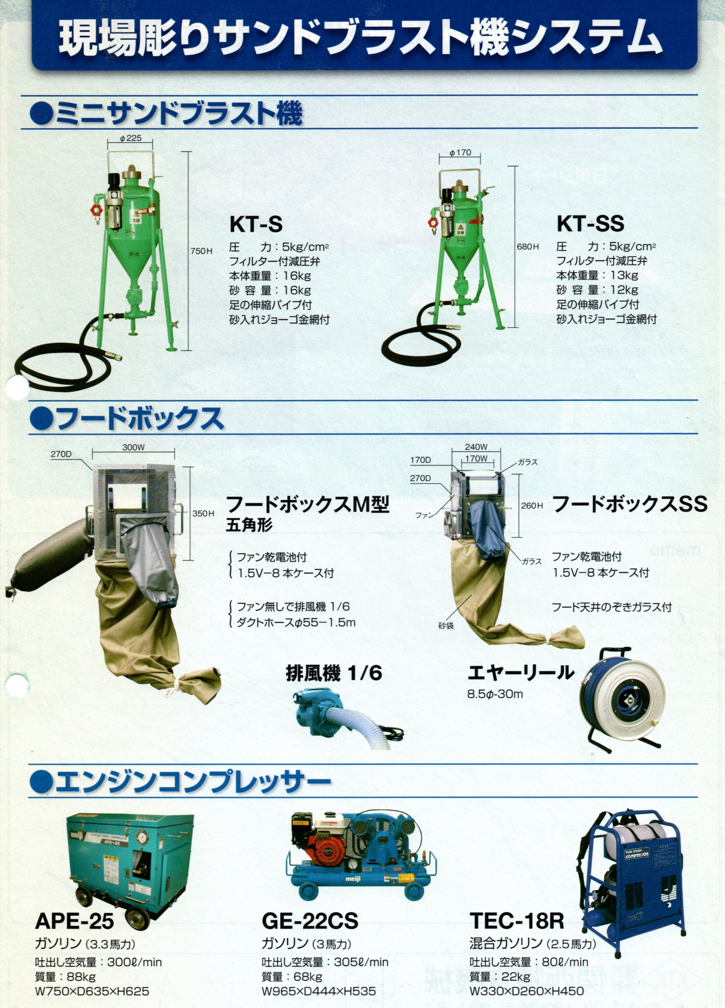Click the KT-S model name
(256, 224)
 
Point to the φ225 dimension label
(130, 138)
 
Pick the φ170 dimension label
(460, 152)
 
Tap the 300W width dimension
(133, 448)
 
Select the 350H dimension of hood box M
(203, 513)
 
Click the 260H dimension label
(532, 505)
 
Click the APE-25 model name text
(74, 921)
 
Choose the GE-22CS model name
(310, 921)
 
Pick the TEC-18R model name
(516, 921)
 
